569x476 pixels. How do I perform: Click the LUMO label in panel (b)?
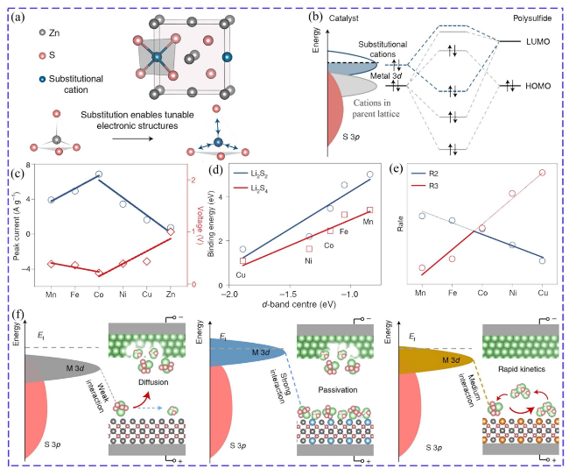537,41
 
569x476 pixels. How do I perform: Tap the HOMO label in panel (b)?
538,86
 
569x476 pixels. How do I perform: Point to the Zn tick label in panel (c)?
170,294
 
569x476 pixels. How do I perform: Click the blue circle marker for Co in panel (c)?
98,174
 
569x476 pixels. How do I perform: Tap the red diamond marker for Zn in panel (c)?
171,231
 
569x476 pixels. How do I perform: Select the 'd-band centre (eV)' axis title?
299,304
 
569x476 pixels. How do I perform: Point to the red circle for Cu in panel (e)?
542,173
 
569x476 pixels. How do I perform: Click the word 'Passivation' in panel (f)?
338,390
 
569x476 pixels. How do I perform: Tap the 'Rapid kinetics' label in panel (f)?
522,369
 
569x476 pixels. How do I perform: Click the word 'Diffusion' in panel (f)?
153,382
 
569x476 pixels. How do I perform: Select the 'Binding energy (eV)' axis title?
211,224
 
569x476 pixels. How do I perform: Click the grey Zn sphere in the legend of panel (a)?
43,32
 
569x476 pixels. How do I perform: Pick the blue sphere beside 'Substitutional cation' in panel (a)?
43,79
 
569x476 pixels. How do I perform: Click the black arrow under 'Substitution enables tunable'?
132,139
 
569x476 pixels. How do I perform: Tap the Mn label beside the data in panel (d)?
368,222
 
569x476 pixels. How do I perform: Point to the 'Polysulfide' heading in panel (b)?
532,18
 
